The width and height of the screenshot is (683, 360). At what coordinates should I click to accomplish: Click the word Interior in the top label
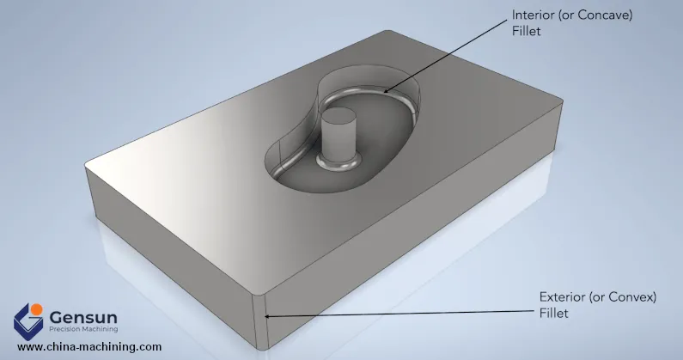534,16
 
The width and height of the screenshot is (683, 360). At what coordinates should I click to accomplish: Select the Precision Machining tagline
82,329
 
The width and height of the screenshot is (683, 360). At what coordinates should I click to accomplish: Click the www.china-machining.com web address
89,347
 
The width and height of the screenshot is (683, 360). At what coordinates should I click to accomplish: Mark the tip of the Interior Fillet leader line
384,90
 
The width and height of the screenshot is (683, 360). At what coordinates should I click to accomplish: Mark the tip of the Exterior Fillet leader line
267,316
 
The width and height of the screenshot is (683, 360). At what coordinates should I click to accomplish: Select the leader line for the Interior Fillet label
447,52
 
